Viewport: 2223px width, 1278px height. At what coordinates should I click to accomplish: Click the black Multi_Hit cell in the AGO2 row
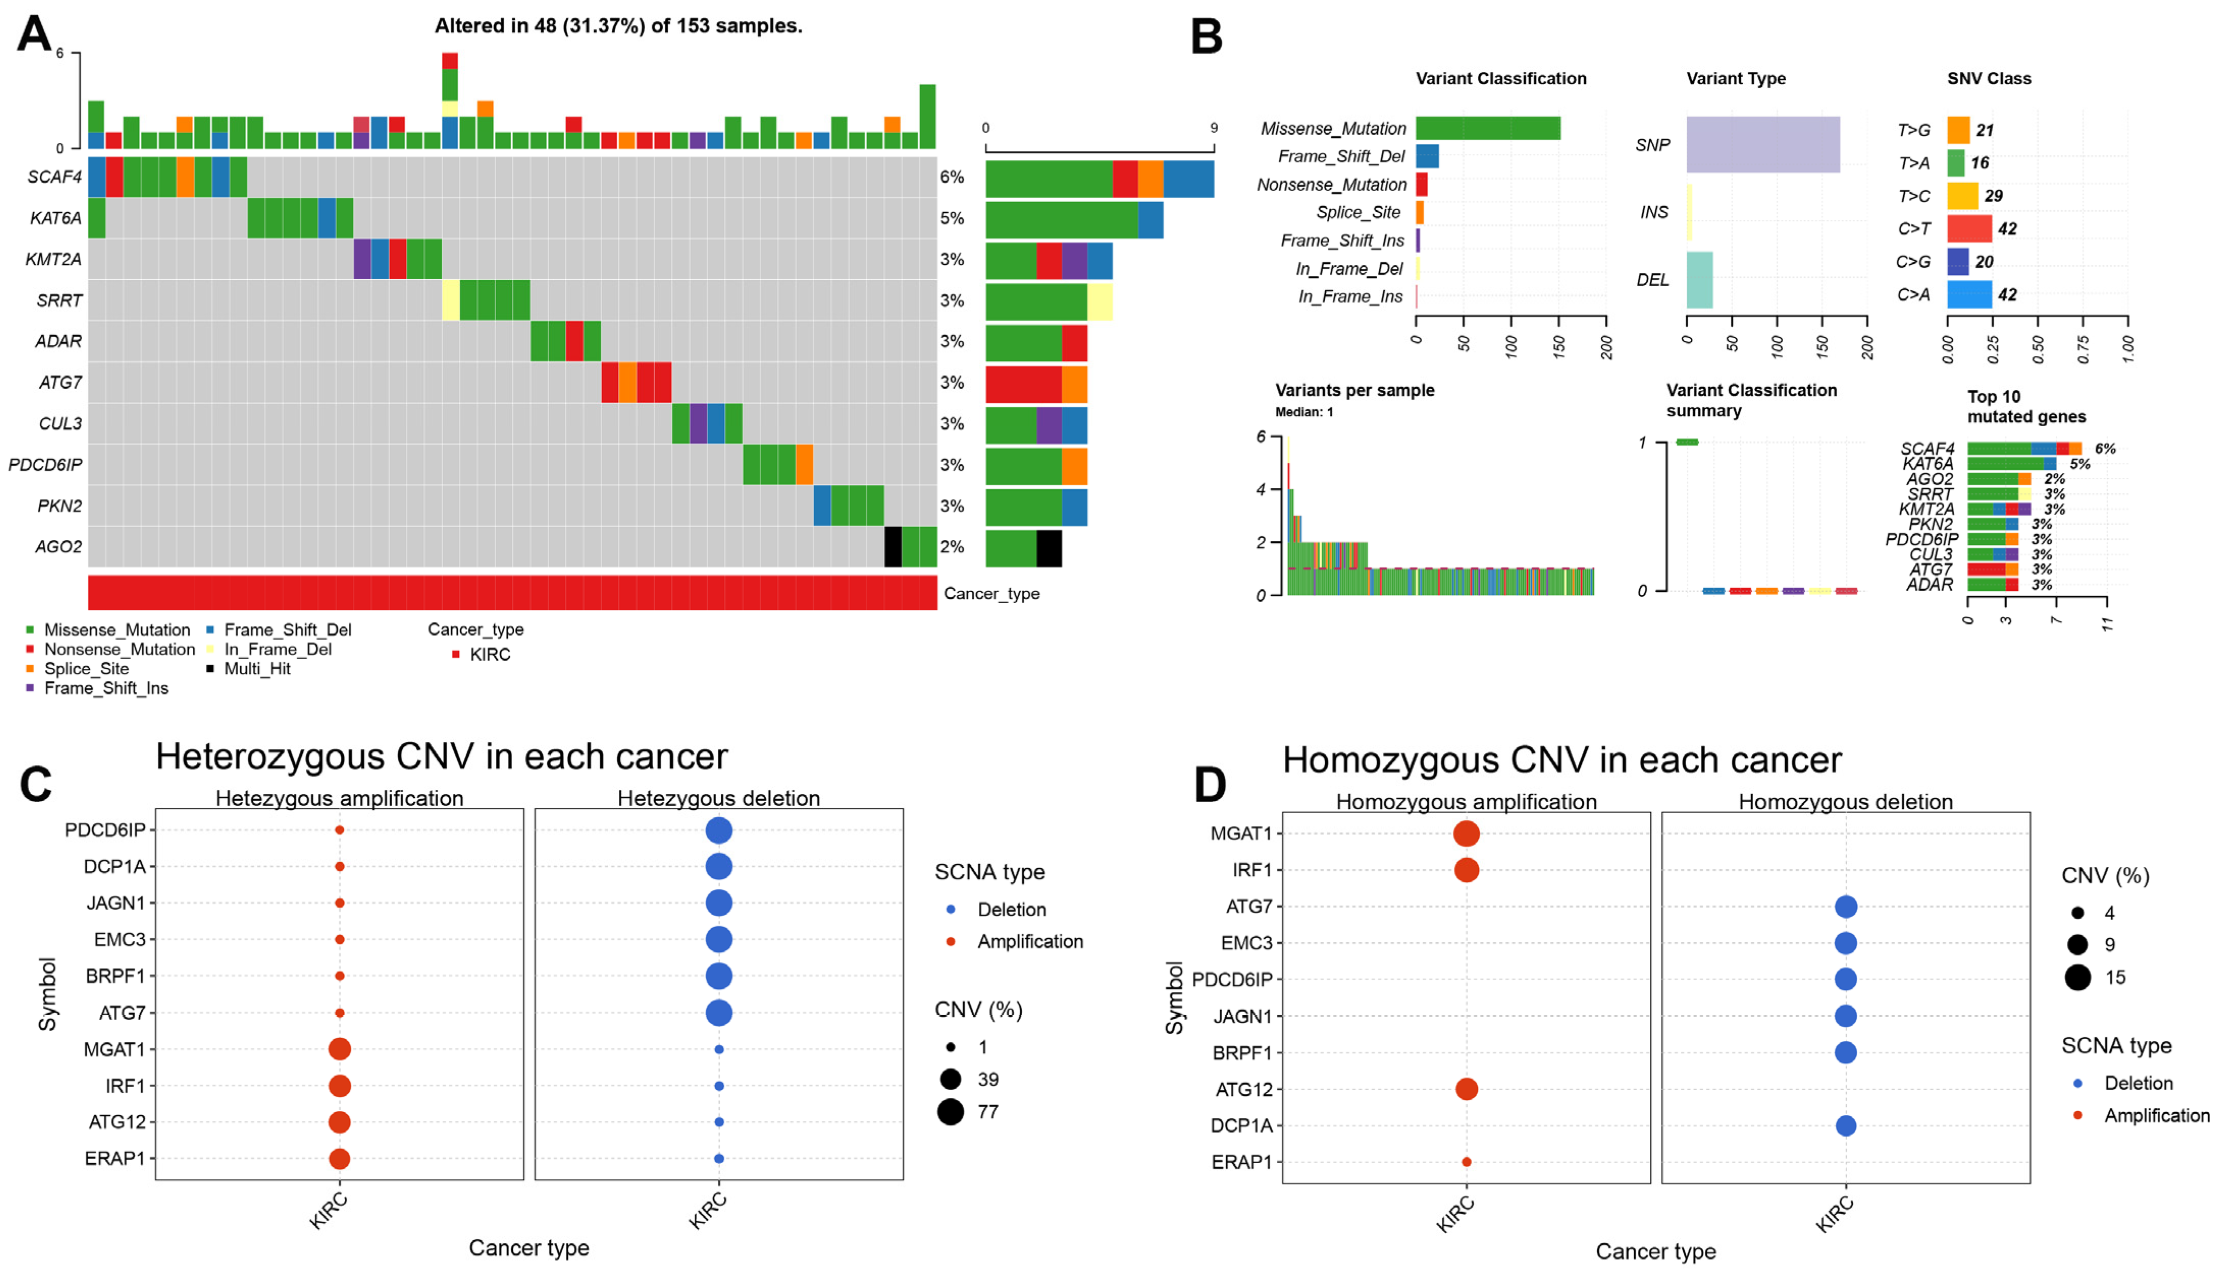(x=893, y=547)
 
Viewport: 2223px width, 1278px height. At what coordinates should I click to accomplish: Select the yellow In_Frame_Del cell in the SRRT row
(x=450, y=300)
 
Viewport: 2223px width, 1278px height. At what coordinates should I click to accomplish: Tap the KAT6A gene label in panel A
(x=55, y=218)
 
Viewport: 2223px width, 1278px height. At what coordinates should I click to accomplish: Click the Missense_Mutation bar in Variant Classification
(x=1487, y=128)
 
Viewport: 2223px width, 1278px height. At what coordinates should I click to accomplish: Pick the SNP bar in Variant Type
(x=1762, y=145)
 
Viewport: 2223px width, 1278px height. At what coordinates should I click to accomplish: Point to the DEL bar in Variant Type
(x=1699, y=280)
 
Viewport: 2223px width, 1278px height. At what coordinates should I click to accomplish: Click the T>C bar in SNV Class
(x=1962, y=196)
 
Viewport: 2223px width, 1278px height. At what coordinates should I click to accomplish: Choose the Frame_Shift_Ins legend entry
(x=105, y=688)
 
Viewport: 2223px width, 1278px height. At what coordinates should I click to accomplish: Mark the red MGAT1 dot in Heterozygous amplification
(x=340, y=1049)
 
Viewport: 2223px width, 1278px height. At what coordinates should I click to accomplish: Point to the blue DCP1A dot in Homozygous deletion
(x=1846, y=1125)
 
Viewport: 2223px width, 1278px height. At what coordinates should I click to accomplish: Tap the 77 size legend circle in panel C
(x=950, y=1112)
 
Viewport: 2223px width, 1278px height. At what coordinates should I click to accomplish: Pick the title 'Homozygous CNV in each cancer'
(x=1561, y=760)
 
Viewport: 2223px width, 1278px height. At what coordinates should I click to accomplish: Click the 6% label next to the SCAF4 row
(x=952, y=178)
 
